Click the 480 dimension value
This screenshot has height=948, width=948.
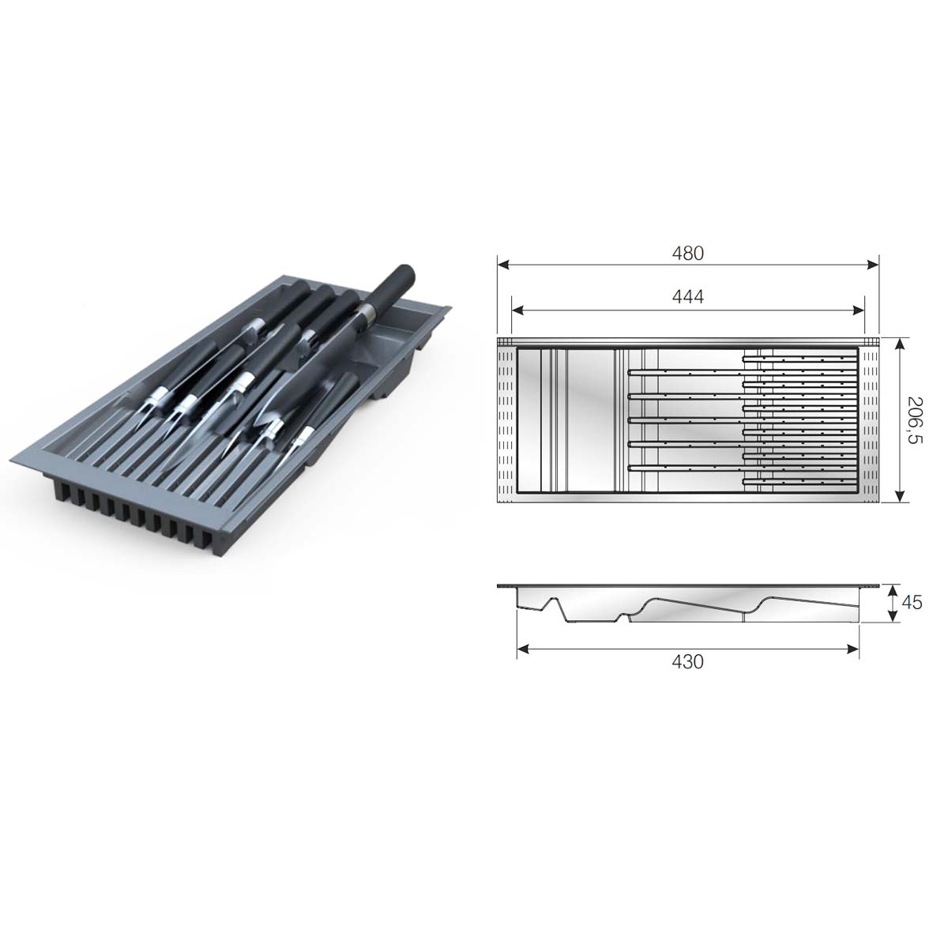coord(688,254)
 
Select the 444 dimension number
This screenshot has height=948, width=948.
coord(688,297)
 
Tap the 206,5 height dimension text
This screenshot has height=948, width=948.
coord(913,419)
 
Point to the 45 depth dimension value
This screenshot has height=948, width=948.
coord(912,603)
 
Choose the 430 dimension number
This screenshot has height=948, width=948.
coord(688,662)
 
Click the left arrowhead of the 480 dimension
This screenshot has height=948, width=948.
coord(502,265)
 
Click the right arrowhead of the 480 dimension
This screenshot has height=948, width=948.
coord(873,265)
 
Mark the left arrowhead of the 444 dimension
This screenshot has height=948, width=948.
coord(517,310)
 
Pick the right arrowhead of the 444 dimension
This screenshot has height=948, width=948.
coord(859,310)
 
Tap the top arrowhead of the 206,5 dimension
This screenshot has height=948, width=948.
coord(899,344)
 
